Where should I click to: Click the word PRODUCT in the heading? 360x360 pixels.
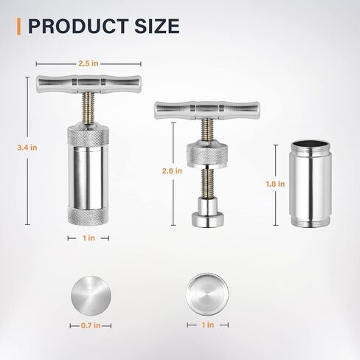(78, 27)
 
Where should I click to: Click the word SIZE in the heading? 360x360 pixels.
(157, 27)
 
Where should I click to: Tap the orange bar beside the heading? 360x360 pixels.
(18, 27)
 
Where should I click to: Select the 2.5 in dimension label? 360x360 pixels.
(89, 63)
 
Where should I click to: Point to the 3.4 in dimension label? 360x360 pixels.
(27, 148)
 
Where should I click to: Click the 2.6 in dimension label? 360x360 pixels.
(172, 171)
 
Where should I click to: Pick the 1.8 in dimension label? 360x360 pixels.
(275, 184)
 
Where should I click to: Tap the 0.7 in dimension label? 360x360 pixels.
(91, 325)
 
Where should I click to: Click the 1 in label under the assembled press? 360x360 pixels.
(89, 238)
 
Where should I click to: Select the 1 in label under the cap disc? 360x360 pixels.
(208, 325)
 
